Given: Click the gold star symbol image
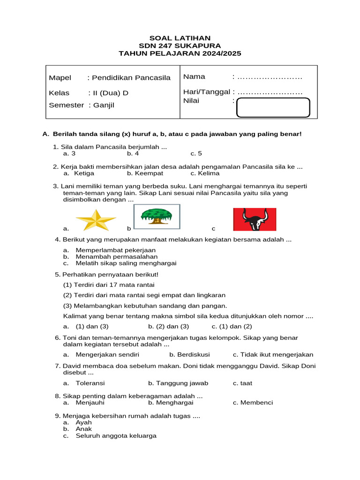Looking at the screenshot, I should point(96,220).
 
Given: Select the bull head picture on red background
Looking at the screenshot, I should point(255,219).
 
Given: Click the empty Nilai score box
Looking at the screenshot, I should point(273,107).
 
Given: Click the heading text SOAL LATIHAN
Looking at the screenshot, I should point(180,38).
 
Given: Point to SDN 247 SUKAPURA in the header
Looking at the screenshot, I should point(180,45).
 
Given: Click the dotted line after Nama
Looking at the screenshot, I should point(270,77).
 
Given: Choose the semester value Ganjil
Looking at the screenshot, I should point(104,105).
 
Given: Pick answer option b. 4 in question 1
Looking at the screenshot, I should point(133,153).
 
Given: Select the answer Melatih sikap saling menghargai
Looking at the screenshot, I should point(126,263).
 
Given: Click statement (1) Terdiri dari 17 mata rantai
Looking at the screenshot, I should point(109,285).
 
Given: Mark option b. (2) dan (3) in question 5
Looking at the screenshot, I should point(169,326).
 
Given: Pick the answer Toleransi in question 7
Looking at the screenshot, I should point(90,383).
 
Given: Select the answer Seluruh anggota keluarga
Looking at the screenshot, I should point(116,435).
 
